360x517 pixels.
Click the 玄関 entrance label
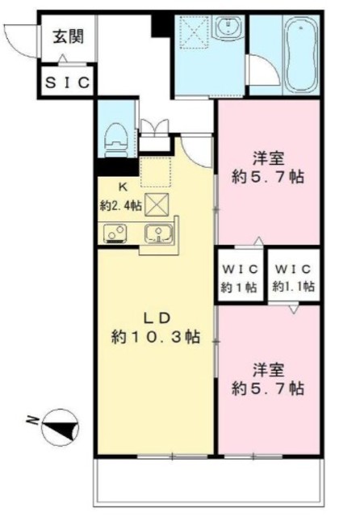point(69,36)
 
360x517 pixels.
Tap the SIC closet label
point(68,82)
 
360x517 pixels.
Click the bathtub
point(301,56)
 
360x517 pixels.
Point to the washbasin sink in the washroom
point(228,27)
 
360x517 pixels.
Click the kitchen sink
point(158,234)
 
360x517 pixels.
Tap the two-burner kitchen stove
point(115,233)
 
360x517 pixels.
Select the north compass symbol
point(60,427)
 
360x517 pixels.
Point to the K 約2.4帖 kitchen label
point(122,197)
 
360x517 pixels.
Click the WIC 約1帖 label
point(239,278)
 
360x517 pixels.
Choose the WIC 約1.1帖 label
point(294,278)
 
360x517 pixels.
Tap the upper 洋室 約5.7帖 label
point(268,167)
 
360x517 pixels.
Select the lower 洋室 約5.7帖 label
point(268,379)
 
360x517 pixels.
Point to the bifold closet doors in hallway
point(155,127)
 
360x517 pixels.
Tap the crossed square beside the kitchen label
point(157,204)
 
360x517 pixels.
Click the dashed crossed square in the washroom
point(194,33)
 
